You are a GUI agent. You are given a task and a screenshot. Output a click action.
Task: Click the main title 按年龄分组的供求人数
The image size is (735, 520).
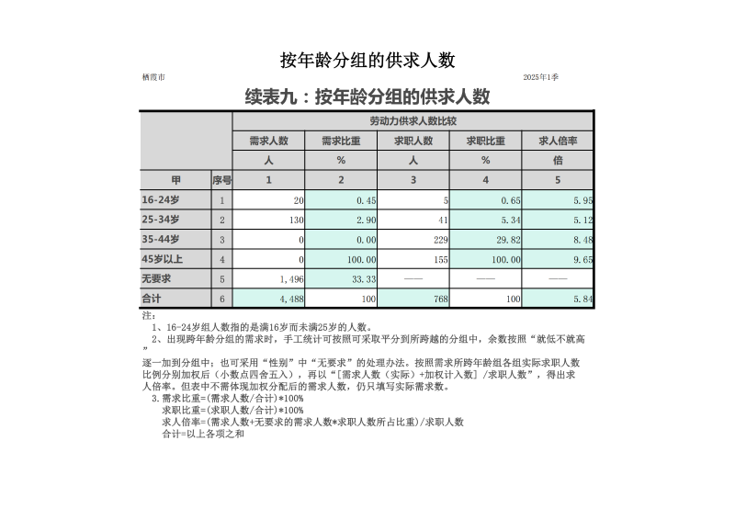point(367,61)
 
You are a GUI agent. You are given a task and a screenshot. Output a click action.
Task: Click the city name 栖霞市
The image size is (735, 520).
point(154,77)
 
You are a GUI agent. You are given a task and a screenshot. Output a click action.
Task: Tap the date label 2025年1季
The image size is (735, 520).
point(541,77)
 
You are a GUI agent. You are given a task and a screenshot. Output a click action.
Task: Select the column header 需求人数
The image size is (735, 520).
point(268,141)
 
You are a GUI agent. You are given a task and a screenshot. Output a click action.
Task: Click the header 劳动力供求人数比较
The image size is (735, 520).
point(413,121)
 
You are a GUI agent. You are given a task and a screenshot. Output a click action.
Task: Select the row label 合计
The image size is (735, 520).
point(152,299)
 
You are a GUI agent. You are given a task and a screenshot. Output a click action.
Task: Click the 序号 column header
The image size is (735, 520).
point(221,180)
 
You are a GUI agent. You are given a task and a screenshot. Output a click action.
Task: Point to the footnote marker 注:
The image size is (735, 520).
point(150,315)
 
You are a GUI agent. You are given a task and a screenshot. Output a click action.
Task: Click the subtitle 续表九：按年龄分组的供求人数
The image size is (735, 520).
point(367,97)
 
